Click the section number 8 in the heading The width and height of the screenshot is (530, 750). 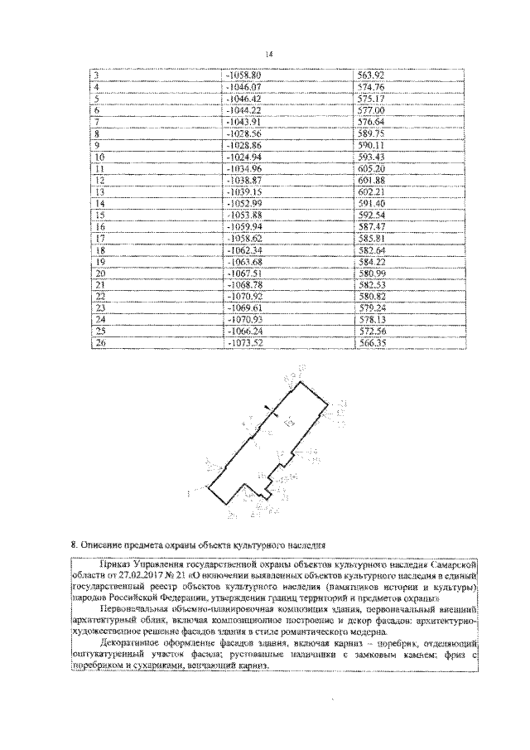pyautogui.click(x=74, y=545)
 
